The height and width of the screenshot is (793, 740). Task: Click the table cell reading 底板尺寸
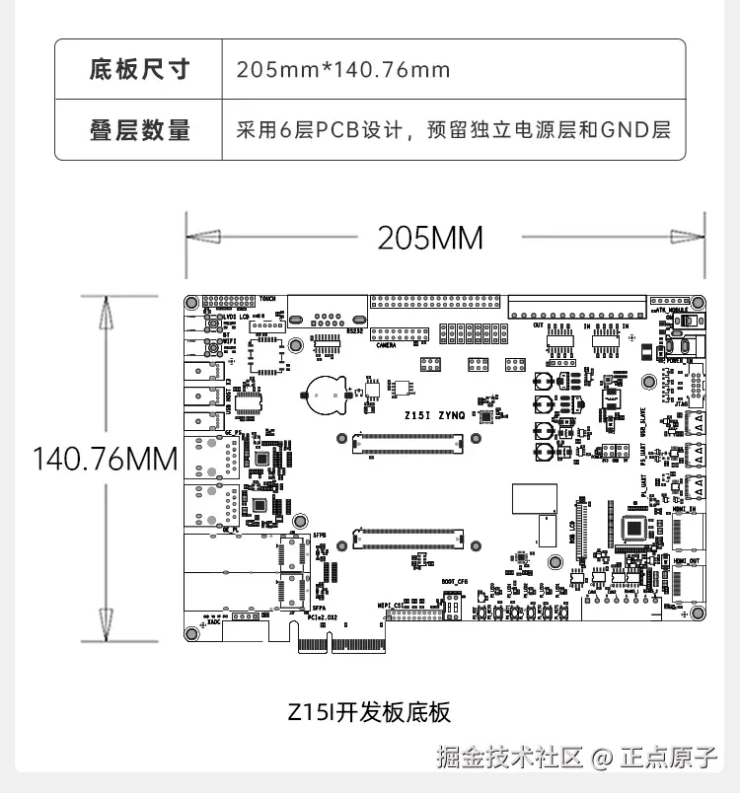(139, 69)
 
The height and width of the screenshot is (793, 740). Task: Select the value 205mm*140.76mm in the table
(343, 70)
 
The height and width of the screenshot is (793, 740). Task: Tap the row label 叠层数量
(139, 129)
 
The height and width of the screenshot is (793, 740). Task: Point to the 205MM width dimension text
(430, 238)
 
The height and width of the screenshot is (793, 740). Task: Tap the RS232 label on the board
(353, 331)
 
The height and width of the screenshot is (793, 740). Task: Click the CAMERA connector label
(387, 345)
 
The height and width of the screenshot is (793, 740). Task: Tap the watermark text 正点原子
(668, 757)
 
